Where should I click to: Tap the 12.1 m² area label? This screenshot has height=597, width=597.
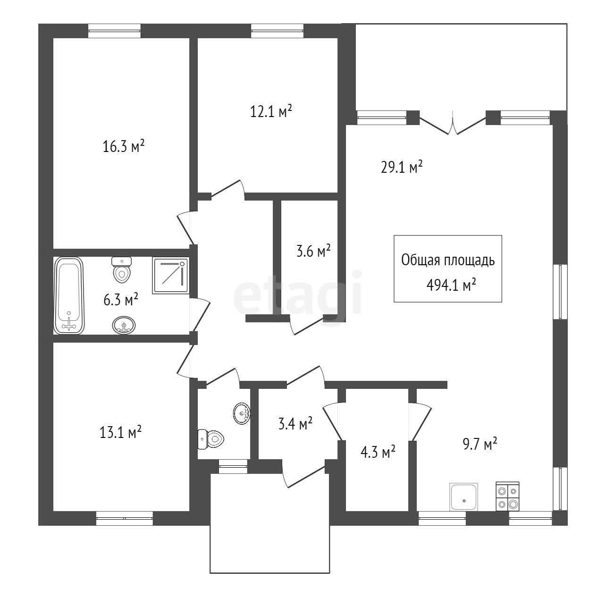pos(271,111)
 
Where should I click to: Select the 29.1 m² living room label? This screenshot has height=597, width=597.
pos(402,167)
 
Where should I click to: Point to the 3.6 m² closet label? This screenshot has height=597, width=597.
pos(313,251)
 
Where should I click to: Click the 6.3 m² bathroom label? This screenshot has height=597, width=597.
pos(121,300)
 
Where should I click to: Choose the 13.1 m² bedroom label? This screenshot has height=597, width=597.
pos(120,432)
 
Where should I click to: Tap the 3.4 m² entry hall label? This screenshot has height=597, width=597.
pos(295,423)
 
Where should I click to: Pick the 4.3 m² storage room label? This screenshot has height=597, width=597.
pos(378,452)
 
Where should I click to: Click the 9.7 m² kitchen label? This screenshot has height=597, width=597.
pos(480,444)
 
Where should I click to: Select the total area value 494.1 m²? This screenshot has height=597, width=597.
pos(451,285)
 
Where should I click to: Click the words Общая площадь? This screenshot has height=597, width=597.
pos(448,261)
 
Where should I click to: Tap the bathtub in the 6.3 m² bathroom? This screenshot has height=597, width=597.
pos(69,295)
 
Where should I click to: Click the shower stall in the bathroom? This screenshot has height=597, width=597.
pos(170,276)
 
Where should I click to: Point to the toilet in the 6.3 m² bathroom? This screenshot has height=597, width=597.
pos(122,270)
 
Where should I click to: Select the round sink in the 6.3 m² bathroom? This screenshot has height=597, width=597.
pos(124,325)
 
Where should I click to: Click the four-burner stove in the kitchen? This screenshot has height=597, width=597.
pos(507,496)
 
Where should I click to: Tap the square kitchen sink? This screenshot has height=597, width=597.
pos(464,497)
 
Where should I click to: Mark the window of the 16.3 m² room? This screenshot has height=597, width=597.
pos(114,31)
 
